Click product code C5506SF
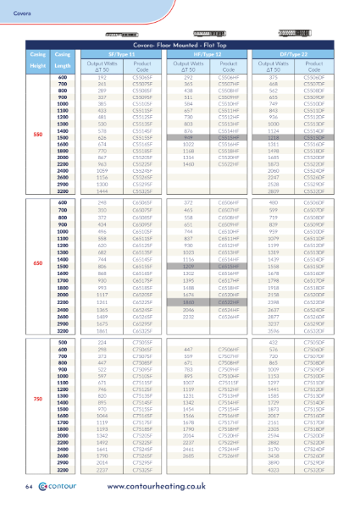[x=143, y=77]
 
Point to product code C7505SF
[x=143, y=341]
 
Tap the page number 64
[x=29, y=489]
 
